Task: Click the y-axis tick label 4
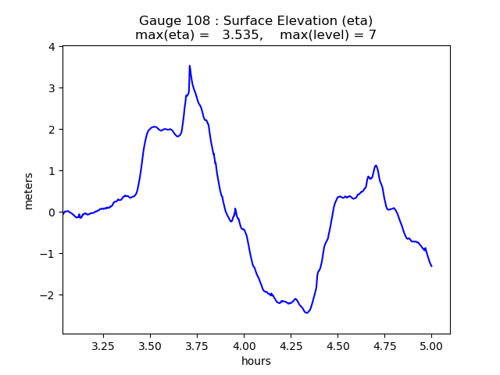point(51,47)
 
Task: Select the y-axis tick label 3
point(51,88)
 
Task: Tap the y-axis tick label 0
point(51,212)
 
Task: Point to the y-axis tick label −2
point(48,295)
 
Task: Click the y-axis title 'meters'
point(29,191)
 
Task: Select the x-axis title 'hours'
point(256,360)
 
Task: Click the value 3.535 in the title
point(243,35)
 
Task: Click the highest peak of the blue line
point(189,66)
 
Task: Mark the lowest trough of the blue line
point(307,312)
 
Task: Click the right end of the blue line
point(431,266)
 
